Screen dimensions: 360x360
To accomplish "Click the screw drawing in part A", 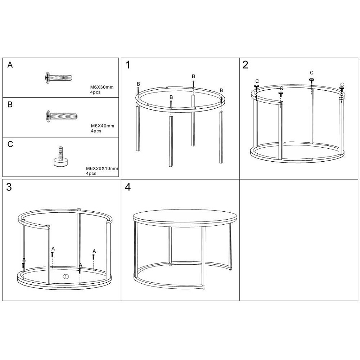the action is pyautogui.click(x=59, y=78).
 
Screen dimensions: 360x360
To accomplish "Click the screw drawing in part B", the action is pyautogui.click(x=62, y=116).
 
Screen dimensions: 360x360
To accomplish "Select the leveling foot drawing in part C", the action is pyautogui.click(x=61, y=157).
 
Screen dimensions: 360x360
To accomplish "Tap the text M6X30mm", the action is pyautogui.click(x=102, y=87).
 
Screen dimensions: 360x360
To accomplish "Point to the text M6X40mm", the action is pyautogui.click(x=102, y=126).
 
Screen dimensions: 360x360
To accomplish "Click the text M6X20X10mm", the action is pyautogui.click(x=102, y=168).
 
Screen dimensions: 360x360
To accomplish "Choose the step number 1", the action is pyautogui.click(x=128, y=65).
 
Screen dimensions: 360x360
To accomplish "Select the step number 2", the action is pyautogui.click(x=245, y=65).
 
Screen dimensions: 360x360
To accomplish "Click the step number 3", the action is pyautogui.click(x=9, y=187).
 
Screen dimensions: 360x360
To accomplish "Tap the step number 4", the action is pyautogui.click(x=128, y=187).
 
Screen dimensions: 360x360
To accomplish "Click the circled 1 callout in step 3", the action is pyautogui.click(x=66, y=276).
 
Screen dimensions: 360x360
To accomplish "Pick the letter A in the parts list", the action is pyautogui.click(x=10, y=65).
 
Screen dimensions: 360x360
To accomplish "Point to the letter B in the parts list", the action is pyautogui.click(x=10, y=104).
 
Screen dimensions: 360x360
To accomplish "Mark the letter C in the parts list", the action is pyautogui.click(x=10, y=144).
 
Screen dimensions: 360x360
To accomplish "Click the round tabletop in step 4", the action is pyautogui.click(x=185, y=216).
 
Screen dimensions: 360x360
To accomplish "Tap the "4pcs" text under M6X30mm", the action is pyautogui.click(x=95, y=92).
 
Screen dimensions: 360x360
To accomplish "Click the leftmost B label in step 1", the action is pyautogui.click(x=138, y=84).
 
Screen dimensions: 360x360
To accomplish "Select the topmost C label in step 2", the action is pyautogui.click(x=311, y=73).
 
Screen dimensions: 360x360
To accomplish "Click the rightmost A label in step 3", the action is pyautogui.click(x=94, y=251).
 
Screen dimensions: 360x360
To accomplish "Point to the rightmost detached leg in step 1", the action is pyautogui.click(x=221, y=137).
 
